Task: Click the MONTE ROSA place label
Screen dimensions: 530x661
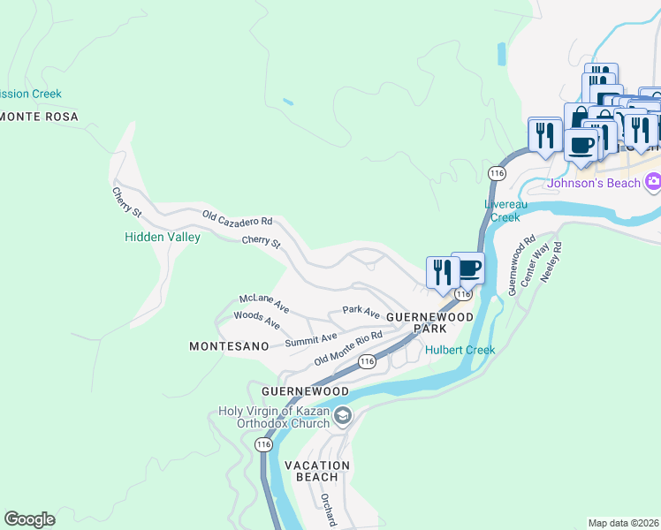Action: point(39,117)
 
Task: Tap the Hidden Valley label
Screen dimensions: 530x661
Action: point(162,237)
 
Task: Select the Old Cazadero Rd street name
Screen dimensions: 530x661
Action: point(237,220)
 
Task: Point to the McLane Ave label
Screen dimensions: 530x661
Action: point(264,303)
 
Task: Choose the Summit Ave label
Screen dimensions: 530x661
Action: point(311,337)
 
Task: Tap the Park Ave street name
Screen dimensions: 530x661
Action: point(361,312)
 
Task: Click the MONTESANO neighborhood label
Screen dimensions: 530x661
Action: point(229,347)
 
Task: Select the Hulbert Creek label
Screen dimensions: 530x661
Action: point(460,350)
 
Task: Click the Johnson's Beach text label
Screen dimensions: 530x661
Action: point(594,184)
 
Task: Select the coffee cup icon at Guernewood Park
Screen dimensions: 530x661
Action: point(468,268)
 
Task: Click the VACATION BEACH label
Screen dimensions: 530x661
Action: point(317,471)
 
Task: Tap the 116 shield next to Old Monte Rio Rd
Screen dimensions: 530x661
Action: point(368,361)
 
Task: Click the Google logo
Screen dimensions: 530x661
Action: point(29,519)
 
